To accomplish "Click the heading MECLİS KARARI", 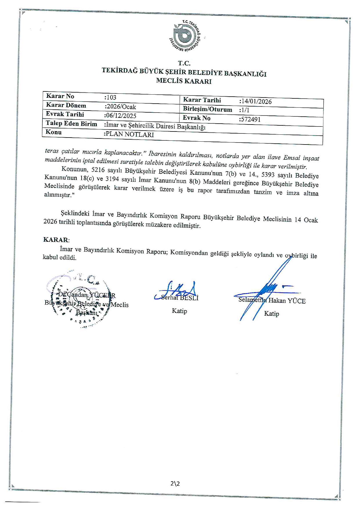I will (184, 81).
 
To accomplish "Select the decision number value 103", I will (111, 98).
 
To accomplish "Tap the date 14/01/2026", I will (256, 102).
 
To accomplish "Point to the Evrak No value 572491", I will (250, 119).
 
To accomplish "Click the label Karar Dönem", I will (66, 105).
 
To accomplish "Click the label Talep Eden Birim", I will (71, 123).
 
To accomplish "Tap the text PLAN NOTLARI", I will (129, 134).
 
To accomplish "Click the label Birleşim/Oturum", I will (207, 109).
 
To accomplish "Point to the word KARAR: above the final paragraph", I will (56, 240).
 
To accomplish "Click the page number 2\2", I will (175, 483).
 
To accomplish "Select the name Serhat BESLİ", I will (179, 298).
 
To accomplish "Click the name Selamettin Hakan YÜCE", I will (272, 300).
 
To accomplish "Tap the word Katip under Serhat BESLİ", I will (179, 311).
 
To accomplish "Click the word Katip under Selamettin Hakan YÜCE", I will (271, 314).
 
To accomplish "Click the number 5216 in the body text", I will (98, 170).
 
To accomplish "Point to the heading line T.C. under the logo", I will (184, 63).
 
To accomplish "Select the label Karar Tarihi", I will (202, 100).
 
